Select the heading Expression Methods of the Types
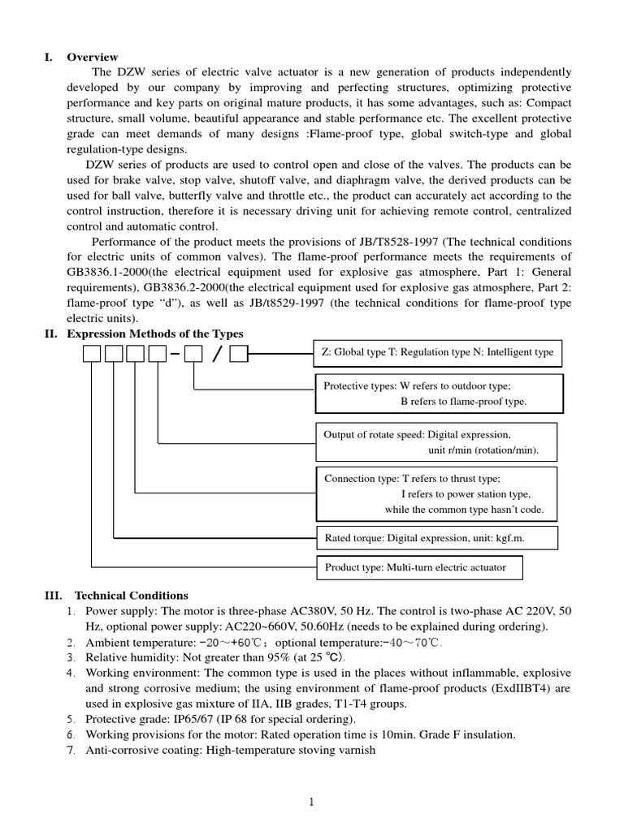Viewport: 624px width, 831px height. pyautogui.click(x=154, y=334)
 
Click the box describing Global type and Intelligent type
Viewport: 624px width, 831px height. pyautogui.click(x=437, y=352)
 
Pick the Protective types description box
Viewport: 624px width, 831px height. pyautogui.click(x=437, y=394)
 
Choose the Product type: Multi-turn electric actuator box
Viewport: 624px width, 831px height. pyautogui.click(x=419, y=567)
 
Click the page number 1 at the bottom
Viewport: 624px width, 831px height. pyautogui.click(x=311, y=803)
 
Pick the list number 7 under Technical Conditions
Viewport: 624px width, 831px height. pyautogui.click(x=71, y=750)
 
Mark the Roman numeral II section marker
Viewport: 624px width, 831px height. pyautogui.click(x=50, y=334)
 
